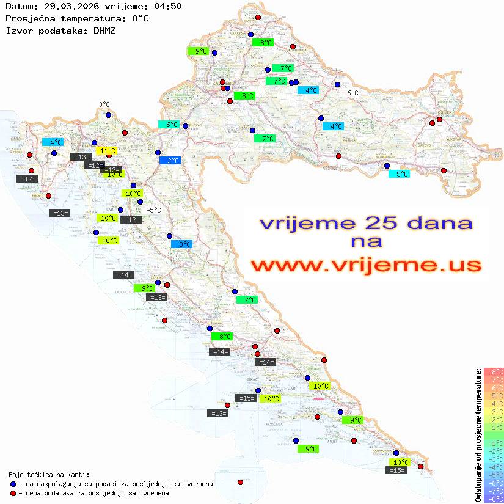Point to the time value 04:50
point(169,6)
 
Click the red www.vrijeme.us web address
point(365,265)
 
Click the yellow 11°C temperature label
point(106,150)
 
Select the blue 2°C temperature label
point(170,160)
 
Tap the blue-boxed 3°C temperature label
point(181,244)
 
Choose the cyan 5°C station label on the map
point(400,174)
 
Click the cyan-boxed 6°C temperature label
point(169,125)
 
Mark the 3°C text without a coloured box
point(104,104)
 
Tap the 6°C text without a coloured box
point(353,93)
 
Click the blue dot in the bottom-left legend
point(13,484)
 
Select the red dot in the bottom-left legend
point(13,493)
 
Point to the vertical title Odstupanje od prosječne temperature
point(477,435)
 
